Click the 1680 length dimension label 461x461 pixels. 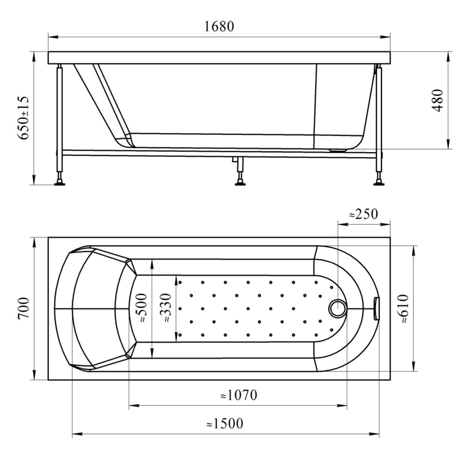pyautogui.click(x=219, y=27)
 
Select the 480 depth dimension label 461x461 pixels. pyautogui.click(x=437, y=100)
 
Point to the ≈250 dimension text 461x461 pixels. pyautogui.click(x=363, y=214)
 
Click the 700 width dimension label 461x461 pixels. pyautogui.click(x=24, y=308)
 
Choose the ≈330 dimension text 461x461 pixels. pyautogui.click(x=166, y=308)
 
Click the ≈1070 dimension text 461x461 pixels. pyautogui.click(x=239, y=395)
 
